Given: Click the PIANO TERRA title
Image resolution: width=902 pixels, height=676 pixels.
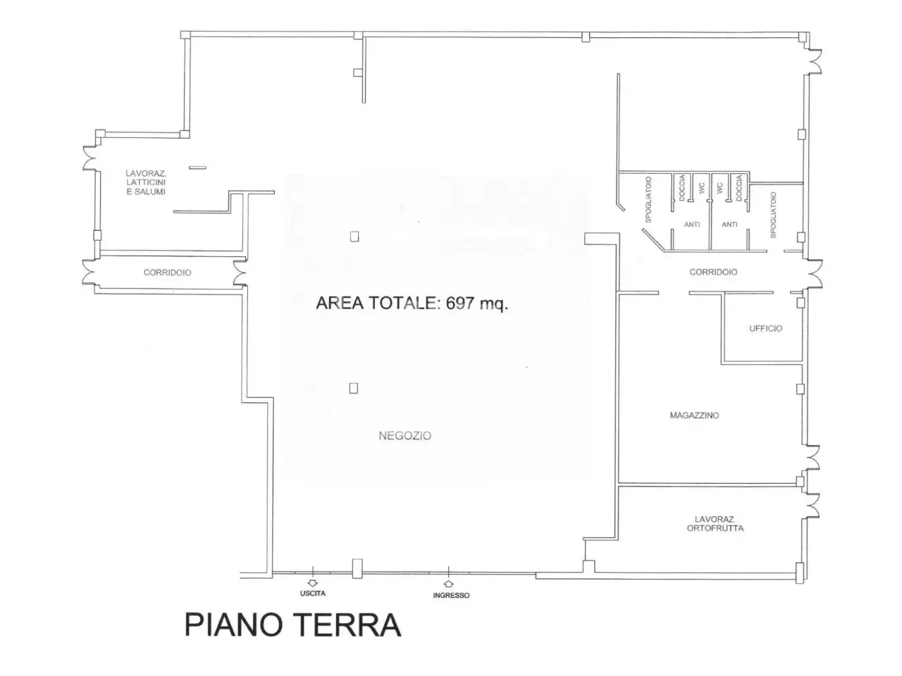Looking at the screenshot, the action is coord(292,625).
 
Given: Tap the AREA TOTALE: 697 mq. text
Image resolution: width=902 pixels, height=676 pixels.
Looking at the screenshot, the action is coord(412,303).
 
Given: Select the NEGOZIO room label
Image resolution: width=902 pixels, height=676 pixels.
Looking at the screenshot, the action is coord(404,435).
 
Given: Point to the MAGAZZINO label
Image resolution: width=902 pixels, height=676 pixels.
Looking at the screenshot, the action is coord(694,415).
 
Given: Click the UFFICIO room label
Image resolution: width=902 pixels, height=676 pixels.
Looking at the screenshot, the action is coord(765,328).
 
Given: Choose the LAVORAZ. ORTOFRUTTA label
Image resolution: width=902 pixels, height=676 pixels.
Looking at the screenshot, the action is coord(715,524).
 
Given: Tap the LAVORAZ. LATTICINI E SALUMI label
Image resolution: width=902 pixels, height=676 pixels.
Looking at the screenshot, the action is coord(146,182).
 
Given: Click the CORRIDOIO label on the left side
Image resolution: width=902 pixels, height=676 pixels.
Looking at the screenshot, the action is coord(167,273).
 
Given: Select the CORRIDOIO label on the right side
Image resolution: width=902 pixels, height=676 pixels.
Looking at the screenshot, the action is coord(713,272).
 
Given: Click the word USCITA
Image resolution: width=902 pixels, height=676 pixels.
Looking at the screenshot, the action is coord(313,593).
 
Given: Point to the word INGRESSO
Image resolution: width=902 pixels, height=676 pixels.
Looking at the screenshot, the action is coord(451,595).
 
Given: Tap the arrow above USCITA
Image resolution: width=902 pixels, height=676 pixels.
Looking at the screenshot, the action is coord(313,583).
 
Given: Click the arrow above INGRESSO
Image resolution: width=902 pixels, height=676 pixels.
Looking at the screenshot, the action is coord(449,583).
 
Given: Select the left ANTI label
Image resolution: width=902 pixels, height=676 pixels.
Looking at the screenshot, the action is coord(692,225).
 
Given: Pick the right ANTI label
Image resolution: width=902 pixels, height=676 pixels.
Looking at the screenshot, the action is coord(730,225).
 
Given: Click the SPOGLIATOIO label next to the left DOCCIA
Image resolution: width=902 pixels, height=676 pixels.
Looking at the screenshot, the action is coord(648,199).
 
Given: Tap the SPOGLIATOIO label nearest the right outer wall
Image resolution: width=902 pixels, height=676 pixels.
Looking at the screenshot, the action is coord(773,215).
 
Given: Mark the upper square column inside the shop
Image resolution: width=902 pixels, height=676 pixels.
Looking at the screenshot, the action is coord(354,237).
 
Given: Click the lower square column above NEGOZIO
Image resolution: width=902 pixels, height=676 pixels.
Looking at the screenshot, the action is coord(354,388).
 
